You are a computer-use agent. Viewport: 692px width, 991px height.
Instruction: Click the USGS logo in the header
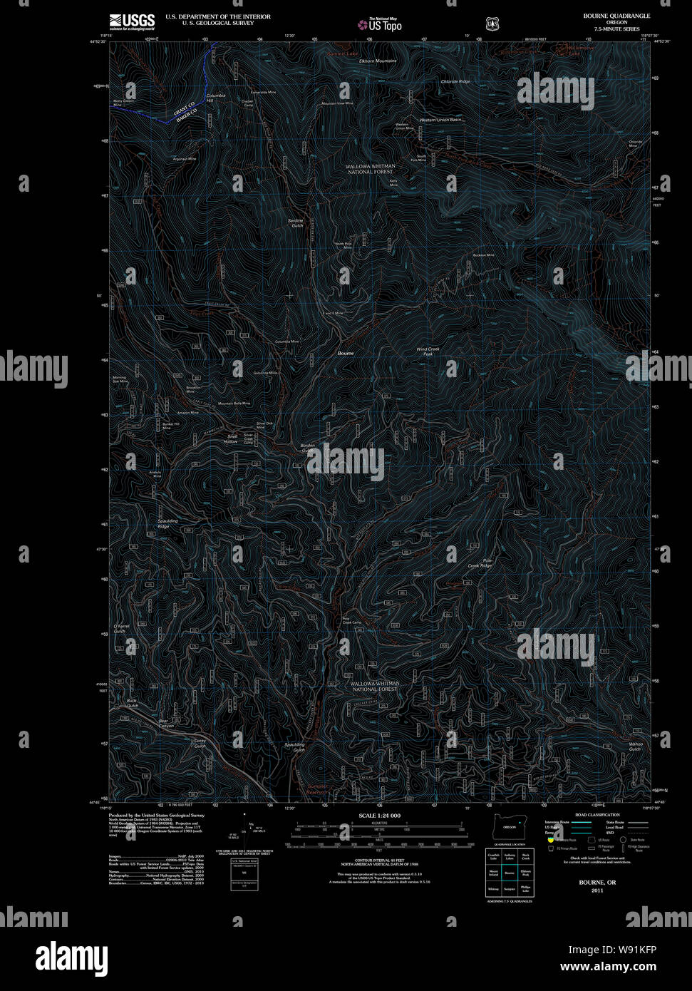[132, 21]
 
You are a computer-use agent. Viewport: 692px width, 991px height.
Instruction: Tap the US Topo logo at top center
[379, 24]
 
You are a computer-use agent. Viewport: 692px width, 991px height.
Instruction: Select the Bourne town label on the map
[346, 353]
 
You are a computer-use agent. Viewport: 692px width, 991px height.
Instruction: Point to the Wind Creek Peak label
[428, 351]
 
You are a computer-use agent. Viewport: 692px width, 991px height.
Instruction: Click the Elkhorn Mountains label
[378, 61]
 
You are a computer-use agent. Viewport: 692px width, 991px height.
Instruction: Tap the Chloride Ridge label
[455, 82]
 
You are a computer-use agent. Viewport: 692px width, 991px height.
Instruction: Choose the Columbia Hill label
[215, 98]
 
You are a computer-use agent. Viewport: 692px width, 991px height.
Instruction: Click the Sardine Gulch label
[296, 223]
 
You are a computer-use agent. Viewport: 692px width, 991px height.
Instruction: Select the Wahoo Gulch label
[634, 746]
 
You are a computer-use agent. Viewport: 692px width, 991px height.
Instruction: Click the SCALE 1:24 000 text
[380, 815]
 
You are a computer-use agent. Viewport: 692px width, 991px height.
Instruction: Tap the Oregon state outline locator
[509, 827]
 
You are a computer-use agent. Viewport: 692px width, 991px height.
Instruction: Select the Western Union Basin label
[441, 120]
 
